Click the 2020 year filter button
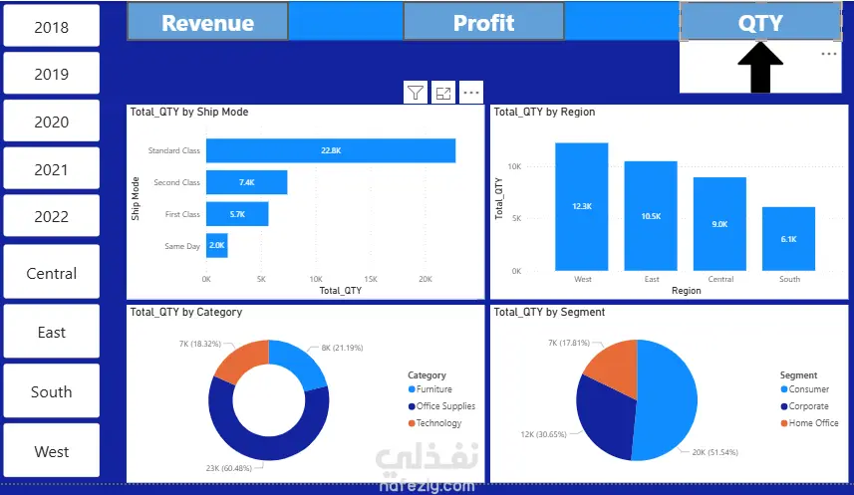pos(51,121)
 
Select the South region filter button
pos(51,391)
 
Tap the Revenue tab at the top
pos(207,22)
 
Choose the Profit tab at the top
pos(483,22)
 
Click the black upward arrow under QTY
pos(760,67)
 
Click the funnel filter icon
pos(416,93)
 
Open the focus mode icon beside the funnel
pos(443,93)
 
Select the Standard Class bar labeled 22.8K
pos(331,150)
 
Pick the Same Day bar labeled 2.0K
pos(217,246)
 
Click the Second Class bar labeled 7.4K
pos(247,182)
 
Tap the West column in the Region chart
pos(582,206)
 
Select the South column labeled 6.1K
pos(788,238)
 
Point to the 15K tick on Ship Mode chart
pos(371,279)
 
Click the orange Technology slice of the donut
pos(239,360)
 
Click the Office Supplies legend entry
pos(441,406)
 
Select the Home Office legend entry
pos(810,423)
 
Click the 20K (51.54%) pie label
pos(715,452)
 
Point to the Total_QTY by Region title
pos(544,112)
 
